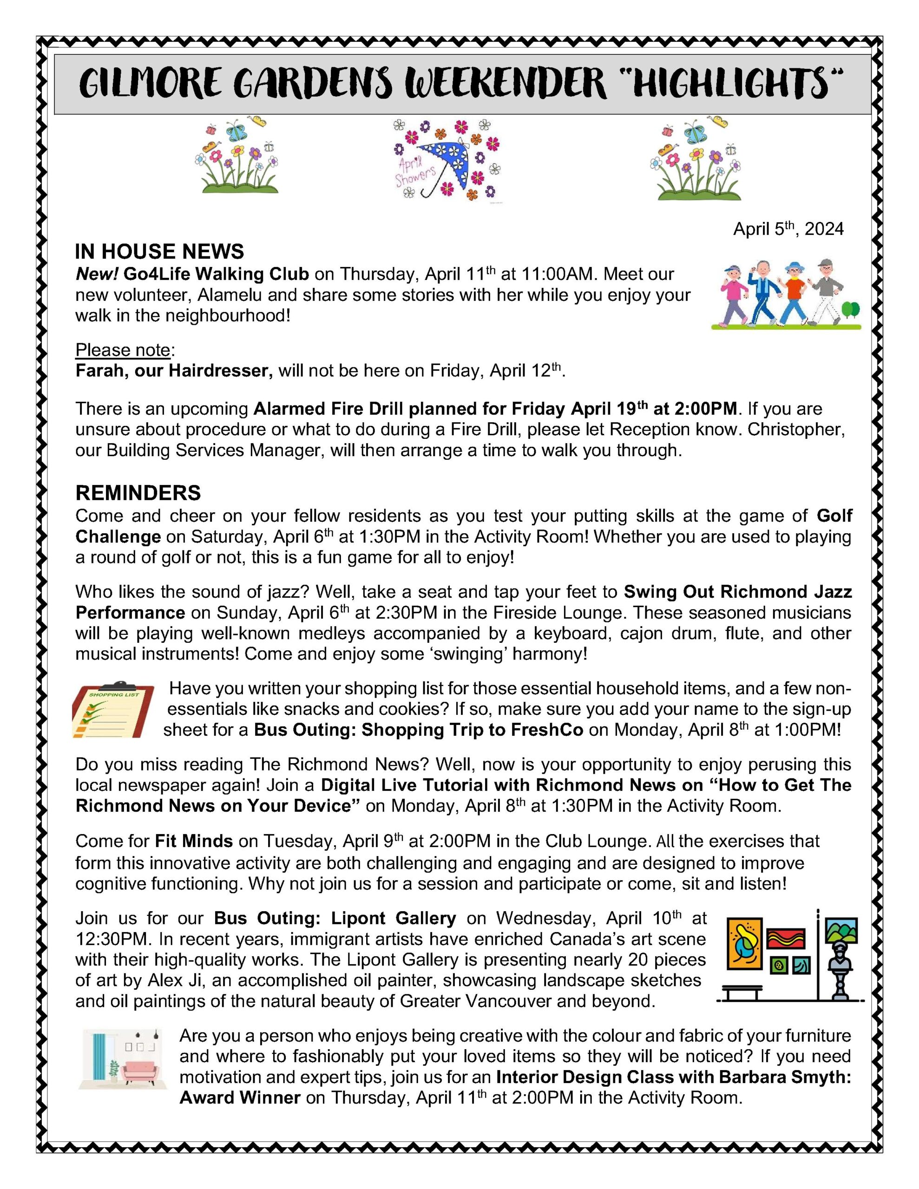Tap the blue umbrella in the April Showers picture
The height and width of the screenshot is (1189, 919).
pos(444,158)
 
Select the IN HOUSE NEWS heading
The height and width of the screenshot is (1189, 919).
pos(159,252)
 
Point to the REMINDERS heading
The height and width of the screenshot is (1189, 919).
pos(138,493)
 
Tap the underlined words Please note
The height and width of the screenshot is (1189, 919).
pos(123,350)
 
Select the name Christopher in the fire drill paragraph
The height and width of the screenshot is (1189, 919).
pos(795,430)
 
